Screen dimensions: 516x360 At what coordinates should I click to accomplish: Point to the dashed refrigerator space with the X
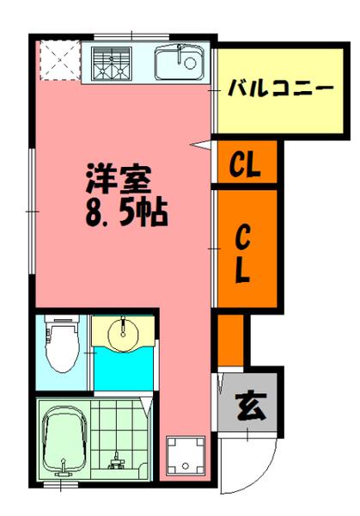[x=59, y=60]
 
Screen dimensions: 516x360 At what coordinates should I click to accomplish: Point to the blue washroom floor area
[x=125, y=370]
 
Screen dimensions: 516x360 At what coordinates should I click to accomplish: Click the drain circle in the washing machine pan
[x=184, y=465]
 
